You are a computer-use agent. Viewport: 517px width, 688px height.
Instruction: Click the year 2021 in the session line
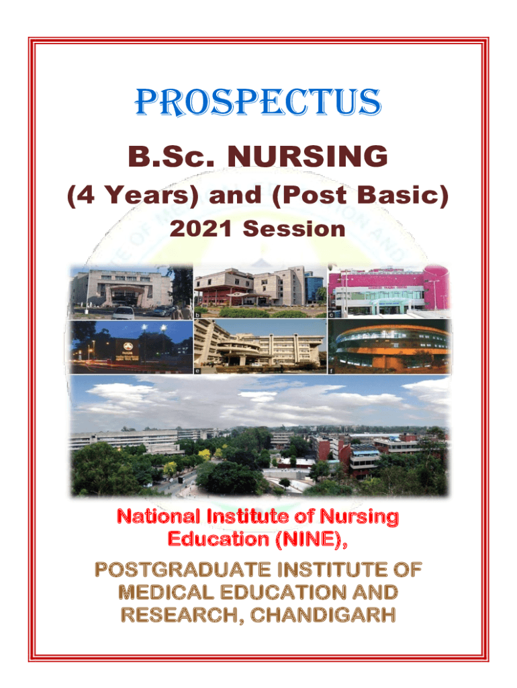[x=201, y=230]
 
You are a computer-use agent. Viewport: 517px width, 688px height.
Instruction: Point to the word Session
[x=294, y=230]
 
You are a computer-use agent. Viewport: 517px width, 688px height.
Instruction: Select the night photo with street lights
[x=131, y=345]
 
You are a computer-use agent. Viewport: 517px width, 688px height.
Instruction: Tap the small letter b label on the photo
[x=197, y=314]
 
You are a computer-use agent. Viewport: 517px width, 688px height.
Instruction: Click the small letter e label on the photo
[x=197, y=369]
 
